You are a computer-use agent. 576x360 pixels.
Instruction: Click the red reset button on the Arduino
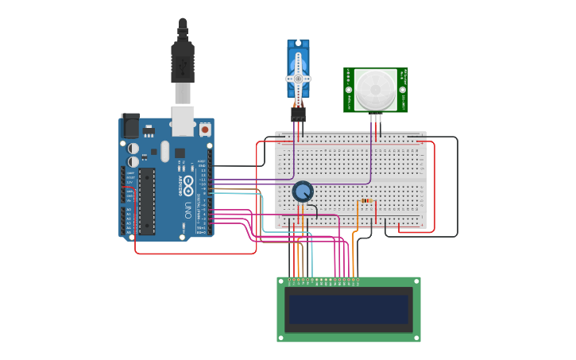[205, 128]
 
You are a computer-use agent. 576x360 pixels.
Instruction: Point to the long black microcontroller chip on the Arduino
[146, 201]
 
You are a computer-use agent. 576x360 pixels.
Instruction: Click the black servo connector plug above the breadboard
[298, 114]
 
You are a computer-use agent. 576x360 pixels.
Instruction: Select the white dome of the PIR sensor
[374, 89]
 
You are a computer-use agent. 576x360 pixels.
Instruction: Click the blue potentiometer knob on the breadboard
[303, 192]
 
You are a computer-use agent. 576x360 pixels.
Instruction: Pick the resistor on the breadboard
[366, 201]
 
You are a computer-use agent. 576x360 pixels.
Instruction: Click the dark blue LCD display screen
[349, 309]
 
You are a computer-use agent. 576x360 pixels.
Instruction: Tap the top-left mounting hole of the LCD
[281, 281]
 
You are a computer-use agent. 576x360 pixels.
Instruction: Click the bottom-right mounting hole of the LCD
[416, 337]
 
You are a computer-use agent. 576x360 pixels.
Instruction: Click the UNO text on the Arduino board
[188, 211]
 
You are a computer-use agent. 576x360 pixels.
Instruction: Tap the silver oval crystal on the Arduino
[164, 151]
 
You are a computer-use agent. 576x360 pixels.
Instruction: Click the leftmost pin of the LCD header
[290, 280]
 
